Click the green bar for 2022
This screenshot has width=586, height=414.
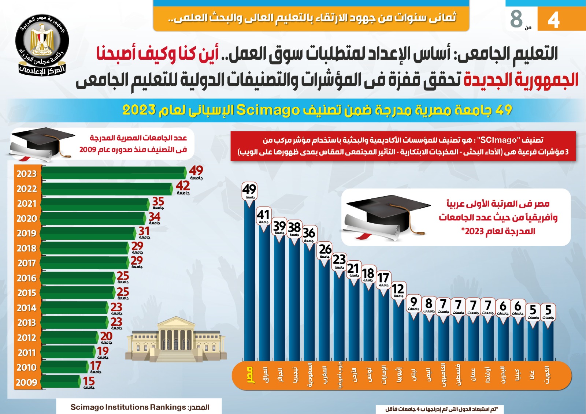click(106, 189)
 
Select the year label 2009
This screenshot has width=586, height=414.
click(27, 383)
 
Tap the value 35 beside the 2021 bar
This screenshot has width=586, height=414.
click(158, 202)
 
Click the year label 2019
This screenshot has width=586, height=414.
click(27, 234)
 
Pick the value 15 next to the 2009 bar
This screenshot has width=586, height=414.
click(89, 381)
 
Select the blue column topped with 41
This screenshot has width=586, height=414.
click(264, 293)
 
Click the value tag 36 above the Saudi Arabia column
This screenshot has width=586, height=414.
click(309, 233)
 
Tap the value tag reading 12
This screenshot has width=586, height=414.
click(398, 289)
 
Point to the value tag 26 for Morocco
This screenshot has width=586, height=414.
click(325, 250)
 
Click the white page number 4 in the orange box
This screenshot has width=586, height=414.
click(553, 19)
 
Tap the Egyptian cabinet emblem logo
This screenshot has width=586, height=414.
click(42, 44)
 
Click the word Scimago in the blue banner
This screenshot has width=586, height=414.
click(268, 110)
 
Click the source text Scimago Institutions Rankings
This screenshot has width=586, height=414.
click(128, 407)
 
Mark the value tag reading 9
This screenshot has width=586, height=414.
click(413, 302)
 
